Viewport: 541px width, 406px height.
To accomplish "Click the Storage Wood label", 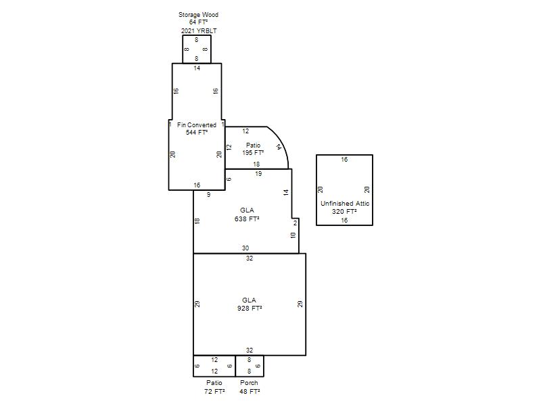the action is [x=198, y=15].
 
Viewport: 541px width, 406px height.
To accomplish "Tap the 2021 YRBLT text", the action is [x=199, y=30].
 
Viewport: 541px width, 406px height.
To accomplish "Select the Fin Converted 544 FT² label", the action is [x=197, y=129].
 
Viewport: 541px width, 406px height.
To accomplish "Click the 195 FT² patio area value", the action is [x=253, y=153].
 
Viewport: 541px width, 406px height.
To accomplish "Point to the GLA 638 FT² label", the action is [x=247, y=215].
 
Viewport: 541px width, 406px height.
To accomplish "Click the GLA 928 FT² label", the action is [x=250, y=304].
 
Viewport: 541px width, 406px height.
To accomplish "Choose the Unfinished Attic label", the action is [x=345, y=204].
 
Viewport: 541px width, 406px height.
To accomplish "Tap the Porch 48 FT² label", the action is [x=250, y=387].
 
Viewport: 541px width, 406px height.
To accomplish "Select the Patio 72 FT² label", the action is [x=214, y=387].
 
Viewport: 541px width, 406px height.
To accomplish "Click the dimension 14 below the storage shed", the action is [x=197, y=68].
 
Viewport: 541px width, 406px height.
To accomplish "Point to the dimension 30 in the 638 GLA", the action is [x=245, y=248].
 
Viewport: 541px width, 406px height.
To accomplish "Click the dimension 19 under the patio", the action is [x=258, y=174].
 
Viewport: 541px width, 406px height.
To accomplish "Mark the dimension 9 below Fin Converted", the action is [x=208, y=195].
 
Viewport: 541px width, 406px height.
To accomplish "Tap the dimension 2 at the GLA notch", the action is [x=295, y=223].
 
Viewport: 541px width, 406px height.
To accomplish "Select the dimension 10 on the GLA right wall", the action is [x=293, y=235].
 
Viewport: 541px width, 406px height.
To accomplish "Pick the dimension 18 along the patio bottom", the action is [x=256, y=164].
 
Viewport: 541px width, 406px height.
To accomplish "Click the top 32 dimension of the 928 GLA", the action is [x=250, y=258].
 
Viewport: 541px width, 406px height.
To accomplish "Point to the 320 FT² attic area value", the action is [x=344, y=212].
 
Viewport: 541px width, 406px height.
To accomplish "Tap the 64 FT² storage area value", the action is [x=198, y=22].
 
